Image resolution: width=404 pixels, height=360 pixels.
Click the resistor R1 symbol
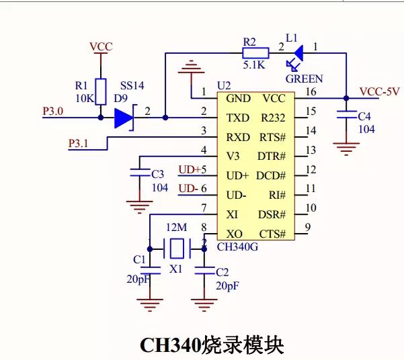point(100,91)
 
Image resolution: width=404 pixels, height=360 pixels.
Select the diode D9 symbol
point(124,118)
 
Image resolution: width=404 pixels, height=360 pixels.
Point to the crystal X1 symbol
point(176,249)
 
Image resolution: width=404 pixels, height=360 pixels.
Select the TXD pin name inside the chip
point(238,118)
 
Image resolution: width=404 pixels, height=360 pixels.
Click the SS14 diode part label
point(132,87)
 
